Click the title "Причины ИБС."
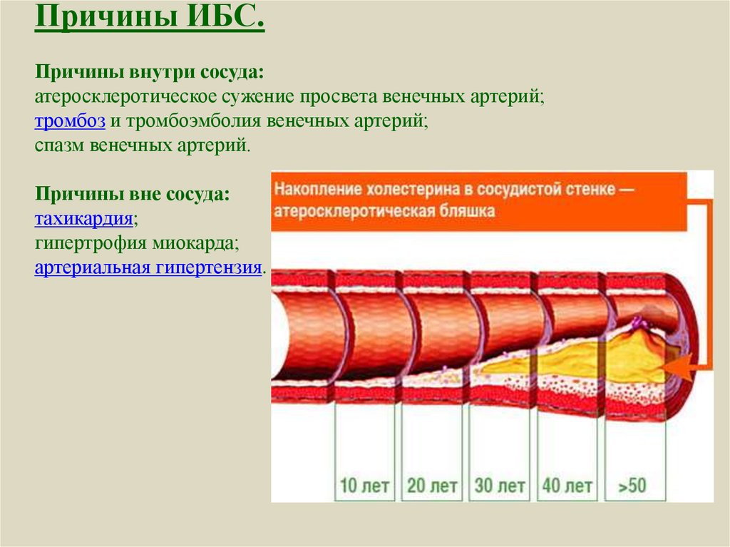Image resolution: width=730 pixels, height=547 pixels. (x=150, y=17)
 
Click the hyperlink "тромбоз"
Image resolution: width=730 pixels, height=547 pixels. (x=71, y=121)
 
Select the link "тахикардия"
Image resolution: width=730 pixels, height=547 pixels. (x=84, y=218)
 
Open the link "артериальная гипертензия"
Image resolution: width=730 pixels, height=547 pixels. (x=148, y=267)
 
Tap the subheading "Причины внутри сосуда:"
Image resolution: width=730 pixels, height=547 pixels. (x=150, y=72)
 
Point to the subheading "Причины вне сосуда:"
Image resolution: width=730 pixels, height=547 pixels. (x=132, y=194)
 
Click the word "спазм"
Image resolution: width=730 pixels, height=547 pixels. (x=60, y=145)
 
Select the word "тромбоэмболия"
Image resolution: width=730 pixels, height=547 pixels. (x=194, y=121)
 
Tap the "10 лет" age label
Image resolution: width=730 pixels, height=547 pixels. (x=364, y=486)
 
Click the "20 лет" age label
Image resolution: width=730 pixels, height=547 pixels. (x=432, y=486)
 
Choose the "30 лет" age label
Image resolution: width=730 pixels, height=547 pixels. (x=500, y=486)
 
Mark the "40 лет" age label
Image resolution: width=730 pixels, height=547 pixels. (x=567, y=486)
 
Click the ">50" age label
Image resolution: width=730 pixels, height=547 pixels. (x=632, y=486)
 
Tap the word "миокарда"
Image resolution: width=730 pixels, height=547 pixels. (x=196, y=242)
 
